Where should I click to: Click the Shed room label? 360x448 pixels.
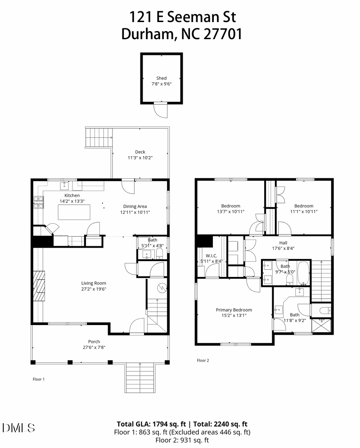coord(161,78)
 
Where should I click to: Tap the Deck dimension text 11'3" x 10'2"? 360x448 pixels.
coord(140,158)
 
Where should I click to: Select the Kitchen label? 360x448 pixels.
coord(72,195)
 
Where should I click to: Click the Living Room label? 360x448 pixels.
coord(94,283)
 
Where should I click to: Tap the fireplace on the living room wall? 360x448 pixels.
coord(40,286)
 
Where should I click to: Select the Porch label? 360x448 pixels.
coord(94,341)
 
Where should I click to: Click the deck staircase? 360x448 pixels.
coord(98,137)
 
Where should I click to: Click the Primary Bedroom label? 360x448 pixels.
coord(234,310)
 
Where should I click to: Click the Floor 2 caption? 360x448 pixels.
coord(203,360)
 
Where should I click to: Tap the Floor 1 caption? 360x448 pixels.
coord(39,379)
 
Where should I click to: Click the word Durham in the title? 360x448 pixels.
coord(146,34)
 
